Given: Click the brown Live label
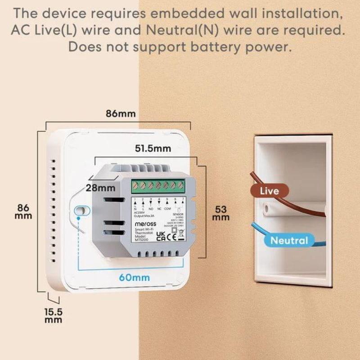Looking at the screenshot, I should tap(269, 191).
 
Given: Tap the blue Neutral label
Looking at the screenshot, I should tap(289, 240).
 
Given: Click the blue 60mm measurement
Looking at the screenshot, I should tap(134, 277).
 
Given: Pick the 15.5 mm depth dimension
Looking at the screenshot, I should tap(54, 315).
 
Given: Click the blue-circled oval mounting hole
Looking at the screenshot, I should tap(81, 211).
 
